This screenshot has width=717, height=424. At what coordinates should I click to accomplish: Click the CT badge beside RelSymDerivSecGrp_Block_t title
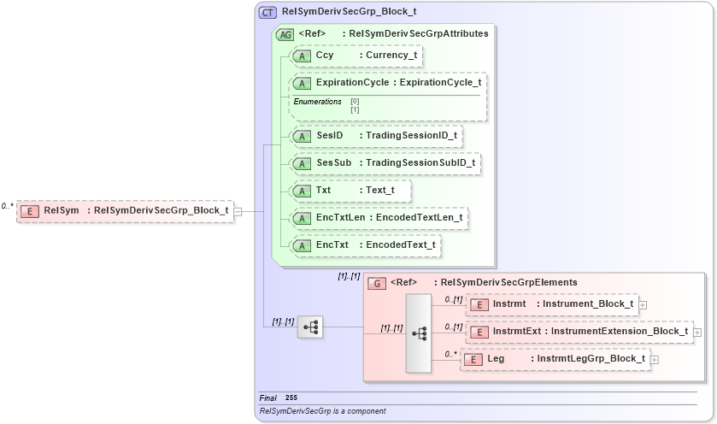pos(267,13)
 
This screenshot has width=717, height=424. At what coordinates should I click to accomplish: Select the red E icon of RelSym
pos(30,210)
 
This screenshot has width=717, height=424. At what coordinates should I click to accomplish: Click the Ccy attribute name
pos(325,56)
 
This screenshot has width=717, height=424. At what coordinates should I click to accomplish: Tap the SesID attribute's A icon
pos(302,136)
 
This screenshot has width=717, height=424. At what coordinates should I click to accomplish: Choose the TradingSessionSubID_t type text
pos(420,162)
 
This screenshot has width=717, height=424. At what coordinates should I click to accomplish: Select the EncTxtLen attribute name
pos(341,218)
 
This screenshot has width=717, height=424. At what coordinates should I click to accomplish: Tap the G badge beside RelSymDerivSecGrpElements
pos(376,283)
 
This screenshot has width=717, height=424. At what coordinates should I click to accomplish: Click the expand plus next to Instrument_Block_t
pos(643,304)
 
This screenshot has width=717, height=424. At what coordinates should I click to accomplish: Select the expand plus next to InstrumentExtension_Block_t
pos(697,332)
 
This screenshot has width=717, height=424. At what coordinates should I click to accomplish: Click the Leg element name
pos(496,359)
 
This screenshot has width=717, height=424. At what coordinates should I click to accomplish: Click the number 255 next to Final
pos(291,397)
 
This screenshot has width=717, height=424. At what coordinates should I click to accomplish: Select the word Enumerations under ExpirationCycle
pos(317,102)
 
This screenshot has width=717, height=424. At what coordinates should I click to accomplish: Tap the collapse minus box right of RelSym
pos(238,211)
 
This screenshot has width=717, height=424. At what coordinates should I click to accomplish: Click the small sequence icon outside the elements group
pos(309,327)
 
